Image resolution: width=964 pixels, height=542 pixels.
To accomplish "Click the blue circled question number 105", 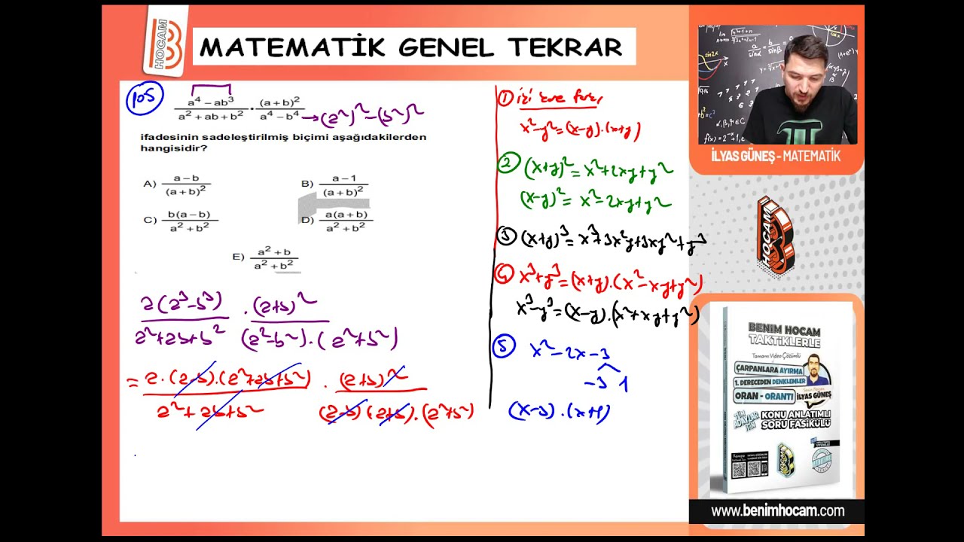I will [144, 99].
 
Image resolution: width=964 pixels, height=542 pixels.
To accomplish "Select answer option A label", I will [149, 184].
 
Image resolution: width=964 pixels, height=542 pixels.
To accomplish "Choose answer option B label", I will [307, 184].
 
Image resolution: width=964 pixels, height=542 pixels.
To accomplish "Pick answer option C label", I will [149, 221].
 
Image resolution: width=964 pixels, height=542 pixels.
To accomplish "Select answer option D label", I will [307, 221].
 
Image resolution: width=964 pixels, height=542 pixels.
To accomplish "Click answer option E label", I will [238, 257].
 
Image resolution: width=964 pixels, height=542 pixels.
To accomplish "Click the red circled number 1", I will [505, 98].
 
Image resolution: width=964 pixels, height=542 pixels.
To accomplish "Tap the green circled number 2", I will [508, 164].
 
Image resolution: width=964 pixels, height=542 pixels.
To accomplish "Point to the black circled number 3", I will [507, 237].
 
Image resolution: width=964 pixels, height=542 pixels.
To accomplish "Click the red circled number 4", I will [505, 275].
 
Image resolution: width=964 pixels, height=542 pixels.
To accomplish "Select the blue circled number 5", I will [504, 346].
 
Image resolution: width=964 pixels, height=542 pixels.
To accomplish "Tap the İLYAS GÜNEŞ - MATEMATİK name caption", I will [775, 157].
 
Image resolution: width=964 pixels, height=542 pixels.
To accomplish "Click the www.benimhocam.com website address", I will [777, 511].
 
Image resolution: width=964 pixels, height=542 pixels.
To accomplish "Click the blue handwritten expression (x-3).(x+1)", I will [560, 412].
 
